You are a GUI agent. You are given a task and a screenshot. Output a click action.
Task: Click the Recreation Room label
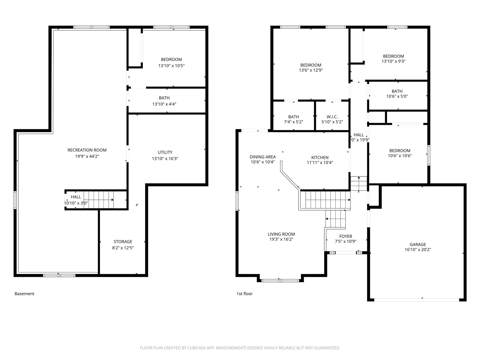tap(87, 150)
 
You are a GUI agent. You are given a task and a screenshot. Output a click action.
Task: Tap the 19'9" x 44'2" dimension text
tap(87, 156)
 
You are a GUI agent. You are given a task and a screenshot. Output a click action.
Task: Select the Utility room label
tap(165, 152)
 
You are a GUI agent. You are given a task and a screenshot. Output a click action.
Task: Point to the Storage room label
tap(123, 241)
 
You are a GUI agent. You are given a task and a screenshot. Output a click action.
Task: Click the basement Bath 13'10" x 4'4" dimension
tap(164, 104)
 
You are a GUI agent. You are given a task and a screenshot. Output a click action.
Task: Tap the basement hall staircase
tap(99, 200)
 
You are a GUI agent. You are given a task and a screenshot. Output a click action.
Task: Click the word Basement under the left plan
tap(25, 294)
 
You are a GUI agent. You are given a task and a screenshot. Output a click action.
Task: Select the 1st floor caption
tap(244, 294)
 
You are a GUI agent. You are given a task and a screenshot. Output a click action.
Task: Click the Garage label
tap(418, 244)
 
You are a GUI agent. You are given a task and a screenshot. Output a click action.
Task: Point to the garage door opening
tap(417, 300)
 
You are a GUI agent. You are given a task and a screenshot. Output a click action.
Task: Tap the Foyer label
tap(346, 236)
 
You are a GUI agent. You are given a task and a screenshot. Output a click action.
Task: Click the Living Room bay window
tap(280, 281)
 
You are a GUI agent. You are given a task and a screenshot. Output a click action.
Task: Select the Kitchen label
tap(320, 157)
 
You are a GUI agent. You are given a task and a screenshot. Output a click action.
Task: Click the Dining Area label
tap(262, 157)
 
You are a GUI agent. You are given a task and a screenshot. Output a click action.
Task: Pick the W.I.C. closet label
tap(332, 117)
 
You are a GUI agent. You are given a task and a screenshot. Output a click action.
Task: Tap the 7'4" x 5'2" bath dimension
tap(293, 122)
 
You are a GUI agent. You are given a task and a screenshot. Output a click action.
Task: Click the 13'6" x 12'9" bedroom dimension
tap(311, 70)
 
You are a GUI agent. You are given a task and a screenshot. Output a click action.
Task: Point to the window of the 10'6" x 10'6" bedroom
tap(429, 155)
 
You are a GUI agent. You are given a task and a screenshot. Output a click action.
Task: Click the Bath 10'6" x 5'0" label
tap(397, 91)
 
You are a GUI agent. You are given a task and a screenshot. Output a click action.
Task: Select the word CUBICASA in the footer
tap(196, 348)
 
